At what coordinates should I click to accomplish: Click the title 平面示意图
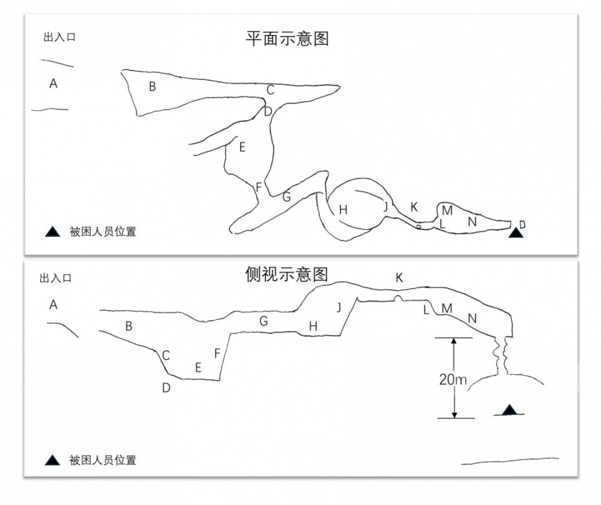click(288, 39)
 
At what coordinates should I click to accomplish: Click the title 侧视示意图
click(287, 274)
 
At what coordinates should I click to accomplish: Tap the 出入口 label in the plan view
click(59, 38)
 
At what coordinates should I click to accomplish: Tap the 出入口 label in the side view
click(55, 279)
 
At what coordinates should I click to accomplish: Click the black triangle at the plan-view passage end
click(516, 232)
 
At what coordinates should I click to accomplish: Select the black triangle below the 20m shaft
click(509, 410)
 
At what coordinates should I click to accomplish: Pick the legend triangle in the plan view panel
click(53, 231)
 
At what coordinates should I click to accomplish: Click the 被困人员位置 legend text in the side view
click(103, 460)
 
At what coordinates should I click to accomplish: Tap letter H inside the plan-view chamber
click(343, 210)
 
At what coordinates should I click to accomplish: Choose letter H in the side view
click(313, 326)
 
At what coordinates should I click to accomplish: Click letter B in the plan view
click(151, 87)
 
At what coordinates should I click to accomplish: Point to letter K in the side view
click(399, 278)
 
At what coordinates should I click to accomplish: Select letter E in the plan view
click(242, 147)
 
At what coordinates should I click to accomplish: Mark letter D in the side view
click(166, 388)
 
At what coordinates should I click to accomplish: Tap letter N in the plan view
click(472, 221)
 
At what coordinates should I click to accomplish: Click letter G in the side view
click(264, 321)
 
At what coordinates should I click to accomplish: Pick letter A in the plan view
click(53, 83)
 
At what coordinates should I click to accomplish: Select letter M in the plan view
click(447, 210)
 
